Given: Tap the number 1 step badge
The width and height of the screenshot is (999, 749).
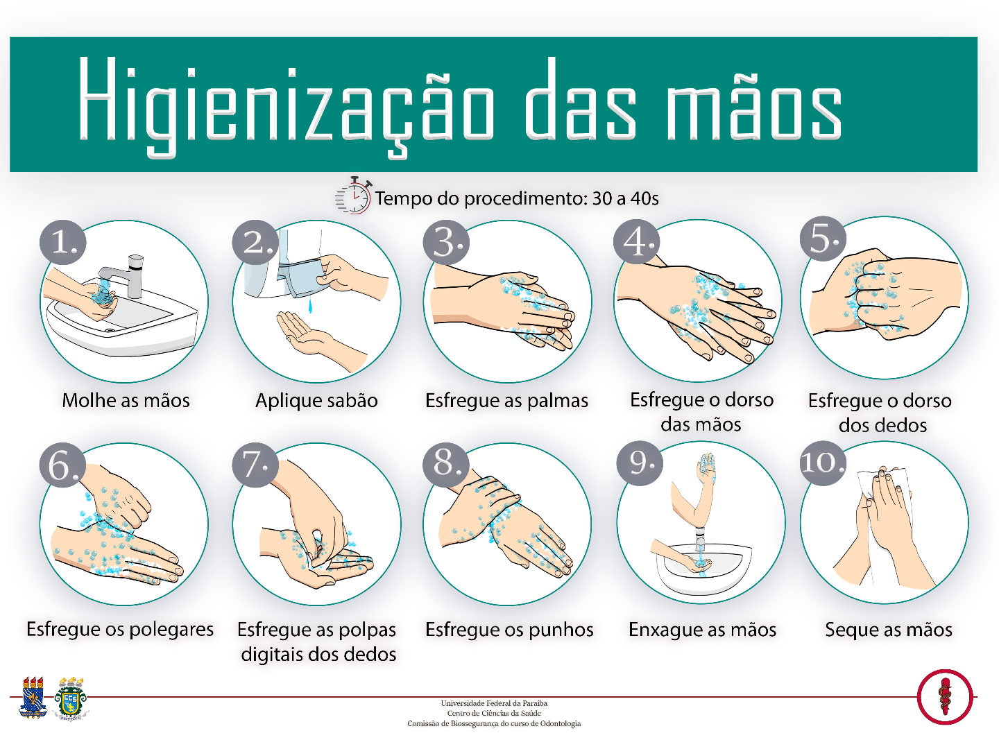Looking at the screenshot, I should [63, 243].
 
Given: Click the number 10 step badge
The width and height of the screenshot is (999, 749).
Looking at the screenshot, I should [822, 463].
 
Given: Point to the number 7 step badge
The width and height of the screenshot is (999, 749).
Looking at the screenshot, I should [255, 464].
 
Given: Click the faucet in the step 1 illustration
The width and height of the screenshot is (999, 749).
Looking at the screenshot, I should [128, 274].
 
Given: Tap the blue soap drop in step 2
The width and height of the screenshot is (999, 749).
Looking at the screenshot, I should [309, 306].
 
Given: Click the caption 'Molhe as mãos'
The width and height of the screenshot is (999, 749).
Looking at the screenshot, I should [126, 400].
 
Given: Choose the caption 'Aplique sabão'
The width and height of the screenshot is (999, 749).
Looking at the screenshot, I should [316, 400].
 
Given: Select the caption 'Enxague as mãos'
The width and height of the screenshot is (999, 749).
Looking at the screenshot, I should [702, 630].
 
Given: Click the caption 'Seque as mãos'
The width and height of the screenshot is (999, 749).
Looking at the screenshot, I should [888, 630].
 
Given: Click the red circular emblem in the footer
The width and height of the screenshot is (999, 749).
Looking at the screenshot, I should [944, 696].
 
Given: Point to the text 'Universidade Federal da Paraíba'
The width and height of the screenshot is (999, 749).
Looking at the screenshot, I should [494, 703].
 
